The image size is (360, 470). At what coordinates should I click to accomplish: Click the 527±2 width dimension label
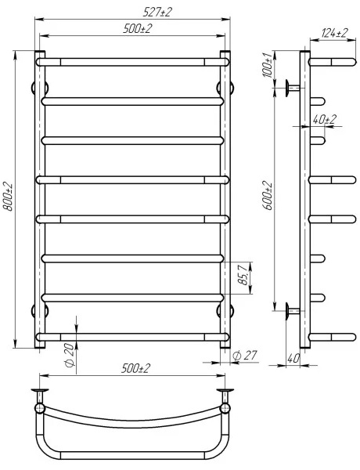(x=157, y=13)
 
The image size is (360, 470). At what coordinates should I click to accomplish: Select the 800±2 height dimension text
(x=8, y=197)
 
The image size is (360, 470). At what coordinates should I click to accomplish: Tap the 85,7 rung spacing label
(x=243, y=273)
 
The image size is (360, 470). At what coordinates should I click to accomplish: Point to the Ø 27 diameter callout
(x=245, y=356)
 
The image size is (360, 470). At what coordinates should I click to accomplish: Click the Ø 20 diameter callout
(x=69, y=355)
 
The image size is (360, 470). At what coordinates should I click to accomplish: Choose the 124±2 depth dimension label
(x=334, y=33)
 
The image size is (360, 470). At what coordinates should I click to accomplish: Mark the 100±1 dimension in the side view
(x=268, y=65)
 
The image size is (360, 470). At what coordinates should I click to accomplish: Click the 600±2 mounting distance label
(x=268, y=196)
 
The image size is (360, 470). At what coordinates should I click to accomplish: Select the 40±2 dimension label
(x=324, y=119)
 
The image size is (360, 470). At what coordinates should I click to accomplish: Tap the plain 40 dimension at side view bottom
(x=293, y=359)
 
